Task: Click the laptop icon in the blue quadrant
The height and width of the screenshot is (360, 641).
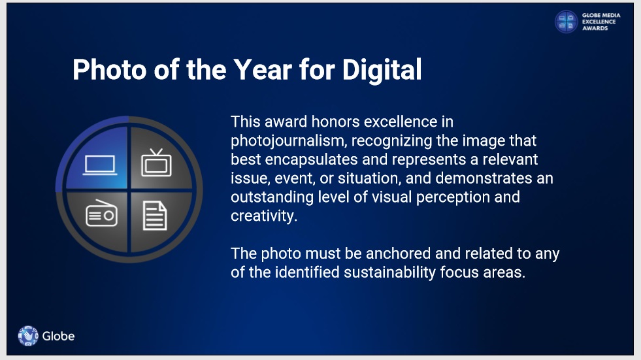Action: (100, 165)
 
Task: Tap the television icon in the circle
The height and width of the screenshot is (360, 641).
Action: (156, 163)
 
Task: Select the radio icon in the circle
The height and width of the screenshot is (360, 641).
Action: (101, 213)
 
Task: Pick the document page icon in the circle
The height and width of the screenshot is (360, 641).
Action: (155, 216)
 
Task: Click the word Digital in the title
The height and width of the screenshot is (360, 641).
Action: (382, 70)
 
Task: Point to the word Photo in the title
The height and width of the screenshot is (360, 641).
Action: (110, 69)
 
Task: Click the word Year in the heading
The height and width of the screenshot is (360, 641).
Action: (263, 69)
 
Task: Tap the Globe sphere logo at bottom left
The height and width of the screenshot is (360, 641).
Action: (28, 336)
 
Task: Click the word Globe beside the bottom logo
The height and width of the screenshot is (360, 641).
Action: (58, 336)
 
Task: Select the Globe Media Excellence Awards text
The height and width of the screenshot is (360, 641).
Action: (601, 22)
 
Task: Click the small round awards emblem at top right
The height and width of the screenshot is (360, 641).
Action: (567, 22)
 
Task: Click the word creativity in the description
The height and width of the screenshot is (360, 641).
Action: (264, 216)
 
